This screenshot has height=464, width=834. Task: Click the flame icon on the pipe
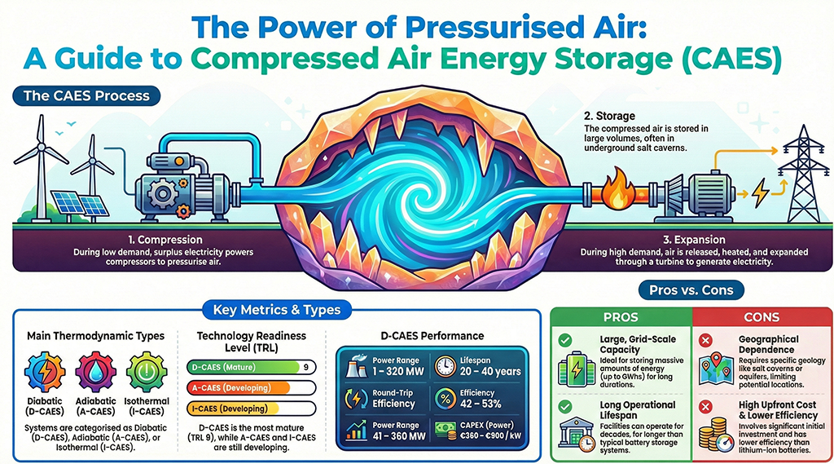[x=617, y=189]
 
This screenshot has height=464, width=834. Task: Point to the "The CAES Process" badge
[x=86, y=96]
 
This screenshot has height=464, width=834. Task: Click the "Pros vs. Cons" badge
[x=691, y=290]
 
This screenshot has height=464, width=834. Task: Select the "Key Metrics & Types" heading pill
[x=277, y=310]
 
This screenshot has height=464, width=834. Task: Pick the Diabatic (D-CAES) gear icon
[x=45, y=371]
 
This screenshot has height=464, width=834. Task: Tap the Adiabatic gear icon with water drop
[x=96, y=371]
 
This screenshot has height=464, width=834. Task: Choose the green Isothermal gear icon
[x=147, y=371]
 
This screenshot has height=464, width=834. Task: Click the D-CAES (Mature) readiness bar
[x=251, y=367]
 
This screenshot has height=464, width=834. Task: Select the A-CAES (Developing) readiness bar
[x=251, y=388]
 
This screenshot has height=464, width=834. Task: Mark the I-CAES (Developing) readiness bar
[x=251, y=409]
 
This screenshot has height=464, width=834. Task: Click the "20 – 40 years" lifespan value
[x=490, y=372]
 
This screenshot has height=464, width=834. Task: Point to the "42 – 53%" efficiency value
[x=481, y=404]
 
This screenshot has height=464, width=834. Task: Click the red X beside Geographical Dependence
[x=706, y=340]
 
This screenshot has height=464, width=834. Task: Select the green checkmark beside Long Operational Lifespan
[x=565, y=407]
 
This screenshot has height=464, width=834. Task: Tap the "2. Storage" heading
[x=609, y=116]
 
